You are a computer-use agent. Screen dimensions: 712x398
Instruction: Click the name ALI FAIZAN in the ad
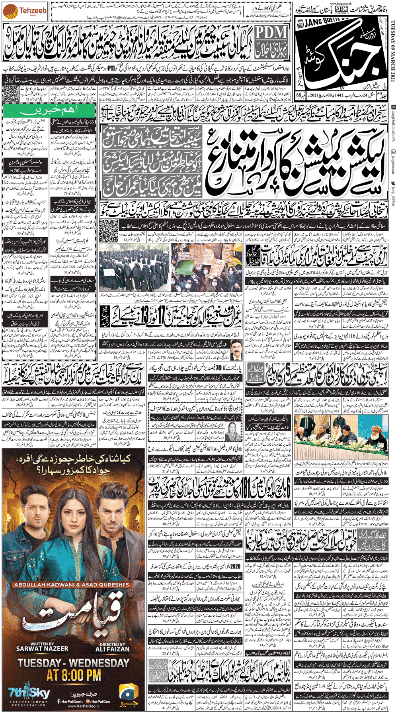pyautogui.click(x=112, y=649)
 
